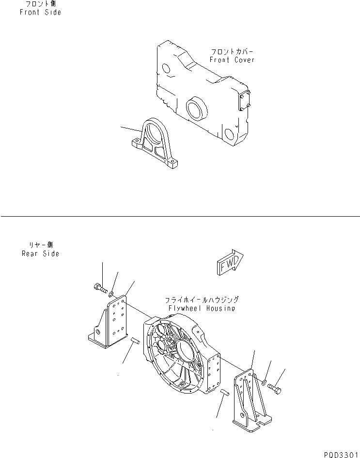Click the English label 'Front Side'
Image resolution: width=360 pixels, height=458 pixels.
pos(40,12)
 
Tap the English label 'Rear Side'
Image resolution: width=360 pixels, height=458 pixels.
pos(40,253)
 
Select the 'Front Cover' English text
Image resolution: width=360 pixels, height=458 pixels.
pos(232,60)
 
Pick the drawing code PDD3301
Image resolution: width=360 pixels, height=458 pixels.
pos(339,453)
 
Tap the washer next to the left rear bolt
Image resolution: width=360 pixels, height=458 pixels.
pos(111,294)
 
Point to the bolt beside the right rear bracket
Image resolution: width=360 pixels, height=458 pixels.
pos(276,388)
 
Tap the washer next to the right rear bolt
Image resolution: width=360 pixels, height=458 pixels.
pos(264,383)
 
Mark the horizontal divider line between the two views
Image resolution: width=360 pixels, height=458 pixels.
pos(180,216)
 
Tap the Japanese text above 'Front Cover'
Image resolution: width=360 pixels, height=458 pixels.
pos(232,51)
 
